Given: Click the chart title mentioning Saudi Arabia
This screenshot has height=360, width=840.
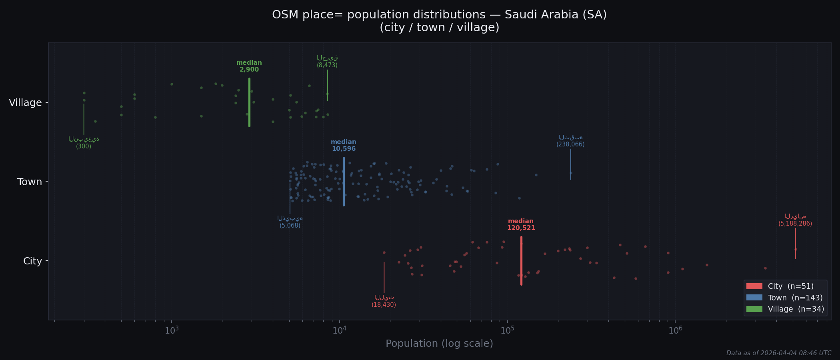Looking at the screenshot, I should point(439,15).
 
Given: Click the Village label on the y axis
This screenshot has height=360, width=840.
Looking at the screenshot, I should point(26,103).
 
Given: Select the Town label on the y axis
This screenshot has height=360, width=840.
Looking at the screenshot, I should point(30,182).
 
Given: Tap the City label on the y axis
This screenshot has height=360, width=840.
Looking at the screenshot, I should point(32,261).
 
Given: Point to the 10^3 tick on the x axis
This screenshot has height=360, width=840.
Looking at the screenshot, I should point(172,330).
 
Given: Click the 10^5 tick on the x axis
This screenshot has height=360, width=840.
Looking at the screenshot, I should point(507,330).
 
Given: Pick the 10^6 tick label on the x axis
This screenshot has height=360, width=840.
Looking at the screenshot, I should point(675,330).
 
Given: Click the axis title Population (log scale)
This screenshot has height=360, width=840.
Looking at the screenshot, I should point(439,344).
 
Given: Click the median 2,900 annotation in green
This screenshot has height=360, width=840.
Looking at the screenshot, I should point(249,66).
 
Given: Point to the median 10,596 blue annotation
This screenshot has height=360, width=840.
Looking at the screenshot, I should point(343,146).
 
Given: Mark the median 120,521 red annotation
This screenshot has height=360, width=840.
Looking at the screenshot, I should point(521,225).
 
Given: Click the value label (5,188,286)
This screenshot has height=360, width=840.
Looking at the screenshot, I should point(795,224).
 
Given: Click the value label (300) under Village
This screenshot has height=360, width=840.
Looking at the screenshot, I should point(84,146).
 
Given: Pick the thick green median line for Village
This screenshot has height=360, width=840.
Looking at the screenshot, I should point(249,102).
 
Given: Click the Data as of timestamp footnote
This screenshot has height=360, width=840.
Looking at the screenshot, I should point(778,353).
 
